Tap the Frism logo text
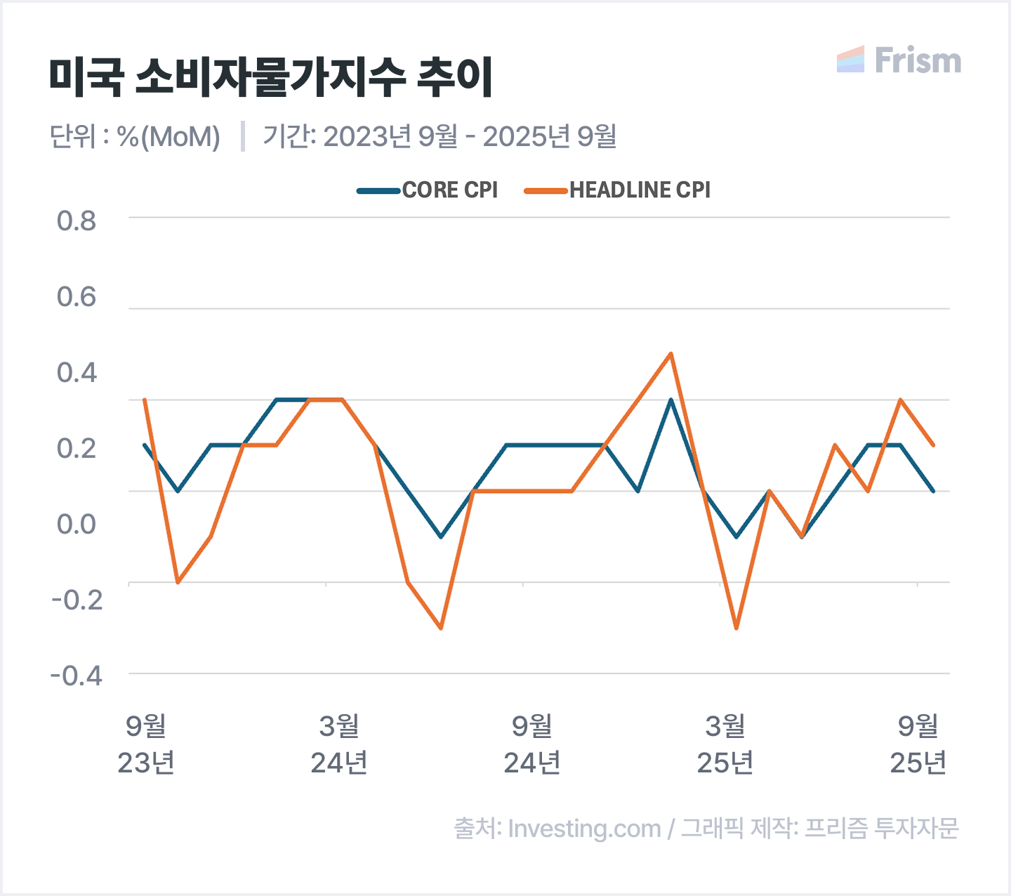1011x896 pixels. [x=917, y=61]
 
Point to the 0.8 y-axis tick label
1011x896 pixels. [x=77, y=221]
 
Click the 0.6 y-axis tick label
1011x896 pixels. [x=77, y=297]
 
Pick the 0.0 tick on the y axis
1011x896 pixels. [x=77, y=524]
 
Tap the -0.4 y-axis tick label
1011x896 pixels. [x=77, y=676]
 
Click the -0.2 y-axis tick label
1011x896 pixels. [x=77, y=600]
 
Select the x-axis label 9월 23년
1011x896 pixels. [x=146, y=744]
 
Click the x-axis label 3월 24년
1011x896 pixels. [x=339, y=744]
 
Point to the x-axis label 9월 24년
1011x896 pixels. [x=532, y=744]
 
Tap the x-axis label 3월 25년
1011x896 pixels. [x=725, y=744]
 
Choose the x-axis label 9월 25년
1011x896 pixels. [x=918, y=744]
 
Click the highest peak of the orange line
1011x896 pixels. [x=671, y=354]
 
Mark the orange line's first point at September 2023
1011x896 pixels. [x=145, y=400]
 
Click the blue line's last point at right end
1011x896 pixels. [x=933, y=491]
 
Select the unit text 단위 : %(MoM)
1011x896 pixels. [x=135, y=136]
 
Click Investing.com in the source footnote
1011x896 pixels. [x=584, y=829]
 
